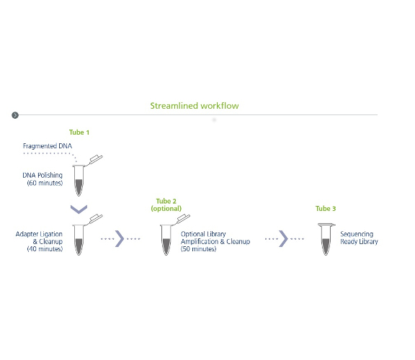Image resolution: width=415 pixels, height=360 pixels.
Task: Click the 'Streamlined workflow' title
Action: pos(195,106)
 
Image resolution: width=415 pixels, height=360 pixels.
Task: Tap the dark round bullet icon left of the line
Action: pos(15,115)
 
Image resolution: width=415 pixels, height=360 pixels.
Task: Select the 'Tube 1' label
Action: pos(79,132)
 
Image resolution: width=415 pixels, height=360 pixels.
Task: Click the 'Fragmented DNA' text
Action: pos(48,146)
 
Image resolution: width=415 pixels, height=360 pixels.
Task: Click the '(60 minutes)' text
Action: pos(45,183)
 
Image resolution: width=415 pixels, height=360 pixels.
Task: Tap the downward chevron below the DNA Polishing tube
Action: pos(79,210)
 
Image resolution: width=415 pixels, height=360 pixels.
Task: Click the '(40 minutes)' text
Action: pos(45,249)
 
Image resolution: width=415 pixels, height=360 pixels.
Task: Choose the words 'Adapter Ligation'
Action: pos(39,234)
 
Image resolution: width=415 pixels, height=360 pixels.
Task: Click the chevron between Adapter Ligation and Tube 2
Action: pos(120,239)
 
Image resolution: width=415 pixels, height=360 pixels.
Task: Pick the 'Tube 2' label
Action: pos(166,202)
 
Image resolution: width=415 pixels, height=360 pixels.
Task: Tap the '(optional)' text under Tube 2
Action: pos(166,209)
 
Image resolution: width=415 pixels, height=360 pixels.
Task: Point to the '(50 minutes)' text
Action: pos(199,249)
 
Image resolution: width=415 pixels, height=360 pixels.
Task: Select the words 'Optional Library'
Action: pos(203,234)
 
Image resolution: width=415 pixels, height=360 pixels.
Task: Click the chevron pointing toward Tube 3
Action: pos(283,239)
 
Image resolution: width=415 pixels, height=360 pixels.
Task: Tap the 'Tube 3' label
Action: pos(326,209)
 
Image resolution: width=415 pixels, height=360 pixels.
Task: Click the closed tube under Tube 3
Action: pos(326,239)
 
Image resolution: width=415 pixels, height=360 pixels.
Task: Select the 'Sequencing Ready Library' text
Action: pos(359,238)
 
